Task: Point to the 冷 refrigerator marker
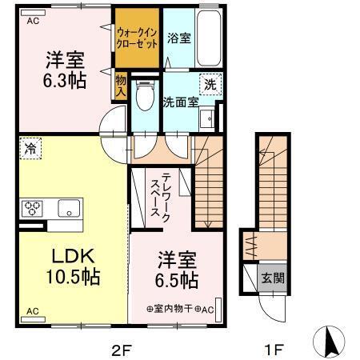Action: pyautogui.click(x=30, y=148)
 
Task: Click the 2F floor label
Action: pyautogui.click(x=121, y=349)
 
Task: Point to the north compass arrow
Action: pyautogui.click(x=330, y=342)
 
